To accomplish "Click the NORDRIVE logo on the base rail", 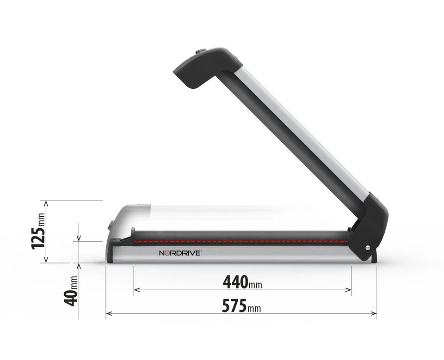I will pyautogui.click(x=180, y=253).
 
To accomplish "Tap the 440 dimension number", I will pyautogui.click(x=235, y=281).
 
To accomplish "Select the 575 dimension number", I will pyautogui.click(x=234, y=305).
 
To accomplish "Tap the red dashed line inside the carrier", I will pyautogui.click(x=240, y=241).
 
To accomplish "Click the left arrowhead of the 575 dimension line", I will pyautogui.click(x=108, y=314).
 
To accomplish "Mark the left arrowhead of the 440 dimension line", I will pyautogui.click(x=136, y=290).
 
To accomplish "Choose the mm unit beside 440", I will pyautogui.click(x=255, y=284).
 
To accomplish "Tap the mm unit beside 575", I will pyautogui.click(x=254, y=308).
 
